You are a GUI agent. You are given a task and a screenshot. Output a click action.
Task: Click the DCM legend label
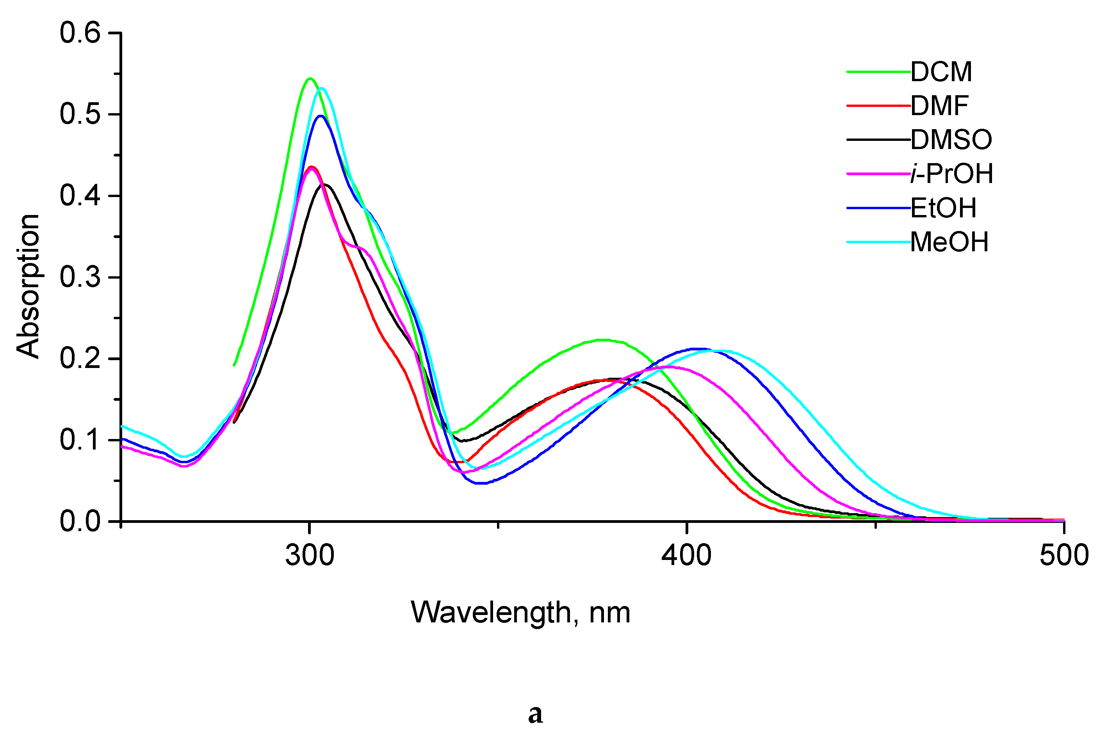click(x=941, y=72)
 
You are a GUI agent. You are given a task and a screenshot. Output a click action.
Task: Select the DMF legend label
click(x=939, y=106)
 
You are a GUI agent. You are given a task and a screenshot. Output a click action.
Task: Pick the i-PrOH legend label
click(x=951, y=174)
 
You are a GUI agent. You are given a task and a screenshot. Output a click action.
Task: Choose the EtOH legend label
click(x=944, y=208)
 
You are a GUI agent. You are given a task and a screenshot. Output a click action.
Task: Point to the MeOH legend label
click(x=949, y=242)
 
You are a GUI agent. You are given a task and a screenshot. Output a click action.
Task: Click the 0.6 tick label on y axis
click(x=80, y=34)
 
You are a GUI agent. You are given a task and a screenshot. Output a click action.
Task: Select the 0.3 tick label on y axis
click(x=80, y=277)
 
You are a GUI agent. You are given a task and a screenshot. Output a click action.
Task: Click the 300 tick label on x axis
click(x=310, y=556)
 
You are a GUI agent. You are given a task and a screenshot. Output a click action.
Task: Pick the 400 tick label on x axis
click(x=686, y=556)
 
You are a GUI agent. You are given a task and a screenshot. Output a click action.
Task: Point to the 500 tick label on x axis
click(x=1064, y=556)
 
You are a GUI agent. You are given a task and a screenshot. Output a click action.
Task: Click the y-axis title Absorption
click(x=28, y=286)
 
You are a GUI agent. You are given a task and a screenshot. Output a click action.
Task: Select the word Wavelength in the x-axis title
click(x=490, y=613)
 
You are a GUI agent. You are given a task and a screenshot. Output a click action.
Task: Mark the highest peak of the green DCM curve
click(x=310, y=79)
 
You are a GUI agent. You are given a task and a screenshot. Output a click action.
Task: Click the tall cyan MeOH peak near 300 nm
click(x=322, y=88)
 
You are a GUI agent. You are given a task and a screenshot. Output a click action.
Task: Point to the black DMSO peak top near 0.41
click(x=325, y=185)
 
